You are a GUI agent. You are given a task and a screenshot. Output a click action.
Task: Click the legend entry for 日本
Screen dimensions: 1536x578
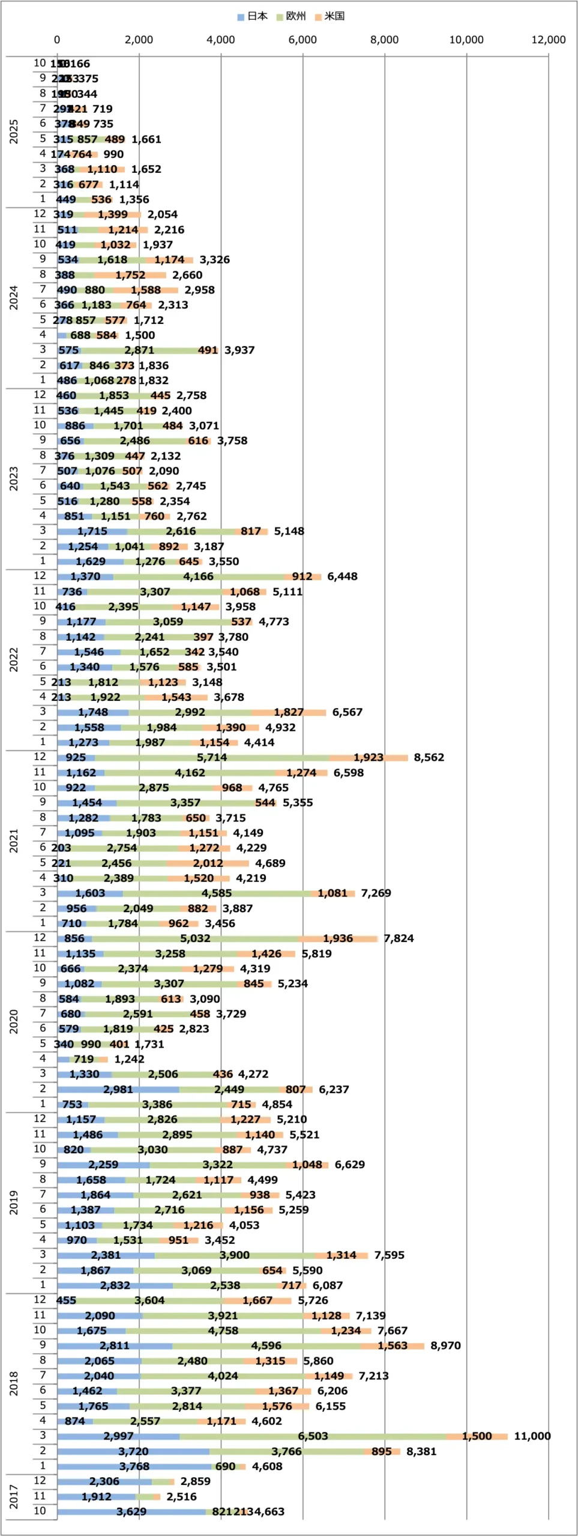253,16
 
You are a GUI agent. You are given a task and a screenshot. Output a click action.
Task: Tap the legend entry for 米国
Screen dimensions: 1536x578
330,16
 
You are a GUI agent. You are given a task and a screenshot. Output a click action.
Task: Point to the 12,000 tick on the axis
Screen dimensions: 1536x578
548,40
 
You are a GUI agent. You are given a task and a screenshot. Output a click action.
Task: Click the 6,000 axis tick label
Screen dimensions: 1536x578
303,40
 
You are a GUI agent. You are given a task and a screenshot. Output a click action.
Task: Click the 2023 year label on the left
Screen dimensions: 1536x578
14,478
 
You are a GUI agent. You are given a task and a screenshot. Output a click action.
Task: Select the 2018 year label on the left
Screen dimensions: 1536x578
14,1383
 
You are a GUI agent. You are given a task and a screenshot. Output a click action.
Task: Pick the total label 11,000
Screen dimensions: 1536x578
532,1436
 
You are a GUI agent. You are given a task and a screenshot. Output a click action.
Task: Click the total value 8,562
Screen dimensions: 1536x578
429,757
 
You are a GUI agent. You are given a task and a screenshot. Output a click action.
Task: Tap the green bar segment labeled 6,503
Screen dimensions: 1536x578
313,1436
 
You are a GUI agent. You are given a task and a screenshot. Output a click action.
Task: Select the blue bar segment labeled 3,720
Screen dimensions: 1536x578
133,1451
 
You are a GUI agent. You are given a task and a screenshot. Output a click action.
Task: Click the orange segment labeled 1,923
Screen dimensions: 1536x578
368,757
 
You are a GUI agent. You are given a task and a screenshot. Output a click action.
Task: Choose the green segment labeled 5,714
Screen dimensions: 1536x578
212,757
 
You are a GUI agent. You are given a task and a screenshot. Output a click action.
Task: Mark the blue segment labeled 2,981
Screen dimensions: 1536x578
118,1089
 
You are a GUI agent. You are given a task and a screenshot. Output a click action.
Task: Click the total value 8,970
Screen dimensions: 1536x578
445,1345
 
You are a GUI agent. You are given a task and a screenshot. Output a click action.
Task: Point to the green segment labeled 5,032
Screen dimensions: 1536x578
195,938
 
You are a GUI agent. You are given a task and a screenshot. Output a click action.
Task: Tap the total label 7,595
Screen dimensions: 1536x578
389,1255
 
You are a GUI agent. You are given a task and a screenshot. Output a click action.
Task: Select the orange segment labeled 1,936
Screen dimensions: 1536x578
338,938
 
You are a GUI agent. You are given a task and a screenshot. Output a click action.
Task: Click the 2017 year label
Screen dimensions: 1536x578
14,1496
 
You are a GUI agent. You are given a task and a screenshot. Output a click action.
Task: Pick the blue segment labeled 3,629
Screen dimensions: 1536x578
131,1511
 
